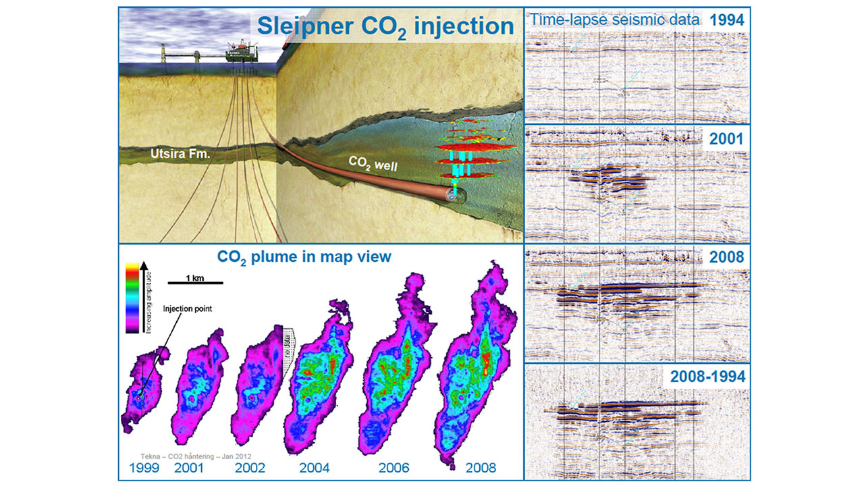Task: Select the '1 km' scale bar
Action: tap(186, 281)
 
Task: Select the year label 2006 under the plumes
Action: tap(394, 467)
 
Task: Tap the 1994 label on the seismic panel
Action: tap(726, 20)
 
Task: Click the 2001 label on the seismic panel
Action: tap(726, 140)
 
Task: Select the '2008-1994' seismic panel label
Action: tap(708, 377)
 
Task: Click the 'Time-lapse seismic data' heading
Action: tap(614, 20)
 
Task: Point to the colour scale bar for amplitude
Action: tap(133, 298)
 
